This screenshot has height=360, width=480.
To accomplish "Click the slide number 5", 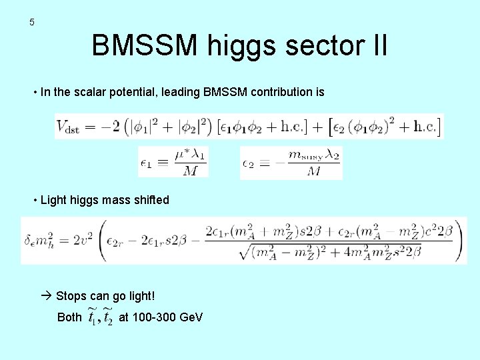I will coord(31,23).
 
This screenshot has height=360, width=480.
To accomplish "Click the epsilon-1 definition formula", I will coord(173,162).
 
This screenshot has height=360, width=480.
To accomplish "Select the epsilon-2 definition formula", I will coord(291,162).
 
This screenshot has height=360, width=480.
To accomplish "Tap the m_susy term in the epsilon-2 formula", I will coord(305,154).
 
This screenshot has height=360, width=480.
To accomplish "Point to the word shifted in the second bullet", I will coord(151,200).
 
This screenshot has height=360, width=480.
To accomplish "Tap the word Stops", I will coord(70,295).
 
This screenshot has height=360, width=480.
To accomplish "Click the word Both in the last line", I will coord(69,317).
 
